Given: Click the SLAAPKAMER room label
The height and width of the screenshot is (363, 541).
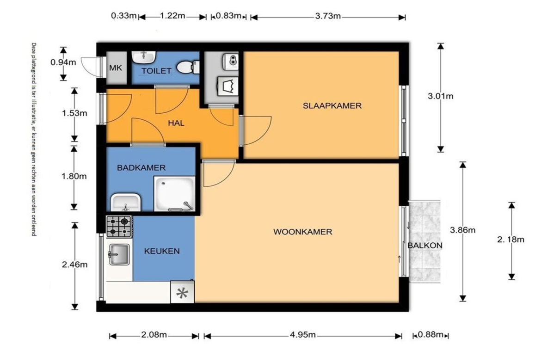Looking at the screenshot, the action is point(332,105).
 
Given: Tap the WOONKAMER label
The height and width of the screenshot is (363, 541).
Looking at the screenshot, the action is point(302,232).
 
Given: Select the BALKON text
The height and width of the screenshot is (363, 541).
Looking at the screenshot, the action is point(425,246).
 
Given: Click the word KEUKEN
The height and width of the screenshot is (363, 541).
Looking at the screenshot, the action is point(162,251).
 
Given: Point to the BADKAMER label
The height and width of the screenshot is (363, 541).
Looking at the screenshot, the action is point(141,168).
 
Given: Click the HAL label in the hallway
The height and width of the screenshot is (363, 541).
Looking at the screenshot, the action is point(176,123).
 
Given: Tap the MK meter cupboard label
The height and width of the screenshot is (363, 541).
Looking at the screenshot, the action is point(116,68).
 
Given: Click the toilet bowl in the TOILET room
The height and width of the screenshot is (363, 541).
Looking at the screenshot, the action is point(188,67).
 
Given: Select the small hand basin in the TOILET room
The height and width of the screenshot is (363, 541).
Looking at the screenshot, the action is point(144,57).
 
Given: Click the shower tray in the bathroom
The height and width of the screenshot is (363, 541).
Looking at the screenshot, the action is point(175,194).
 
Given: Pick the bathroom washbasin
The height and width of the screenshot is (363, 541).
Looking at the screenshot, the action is point(126,202).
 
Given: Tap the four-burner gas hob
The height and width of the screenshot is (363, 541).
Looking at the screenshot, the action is point(119,227).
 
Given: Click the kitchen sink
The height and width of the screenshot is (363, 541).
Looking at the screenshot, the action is point(119,254).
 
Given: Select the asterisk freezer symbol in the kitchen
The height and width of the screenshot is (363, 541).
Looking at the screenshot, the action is point(182,292).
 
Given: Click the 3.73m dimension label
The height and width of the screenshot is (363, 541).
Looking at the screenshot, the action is point(328,16).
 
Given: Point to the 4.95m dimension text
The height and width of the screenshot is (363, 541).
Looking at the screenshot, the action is point(302,335).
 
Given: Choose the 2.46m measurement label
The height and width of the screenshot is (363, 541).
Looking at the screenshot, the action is point(74,265).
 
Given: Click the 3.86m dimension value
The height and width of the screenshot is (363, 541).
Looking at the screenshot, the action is point(462,230).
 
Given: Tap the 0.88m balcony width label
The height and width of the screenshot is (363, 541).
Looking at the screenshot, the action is point(430,334).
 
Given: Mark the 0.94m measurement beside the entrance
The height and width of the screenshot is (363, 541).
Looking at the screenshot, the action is point(63,62).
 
